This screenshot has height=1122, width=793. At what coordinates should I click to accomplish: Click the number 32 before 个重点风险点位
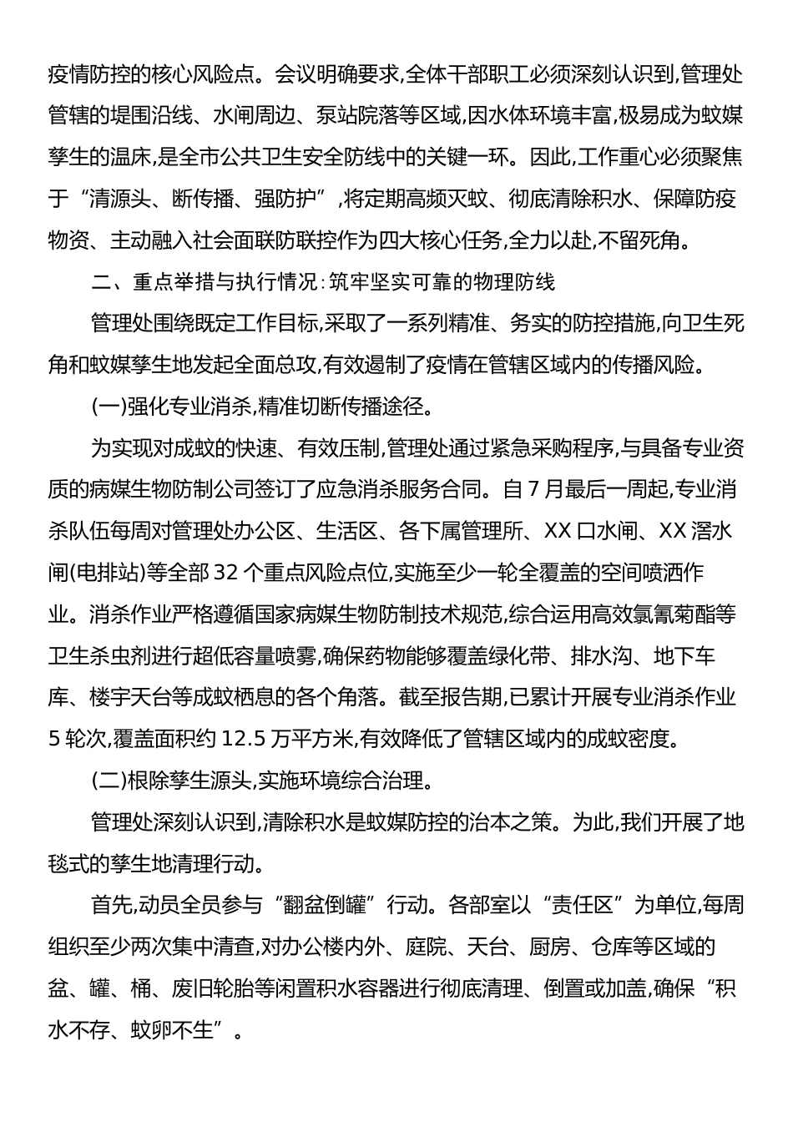click(x=226, y=573)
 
